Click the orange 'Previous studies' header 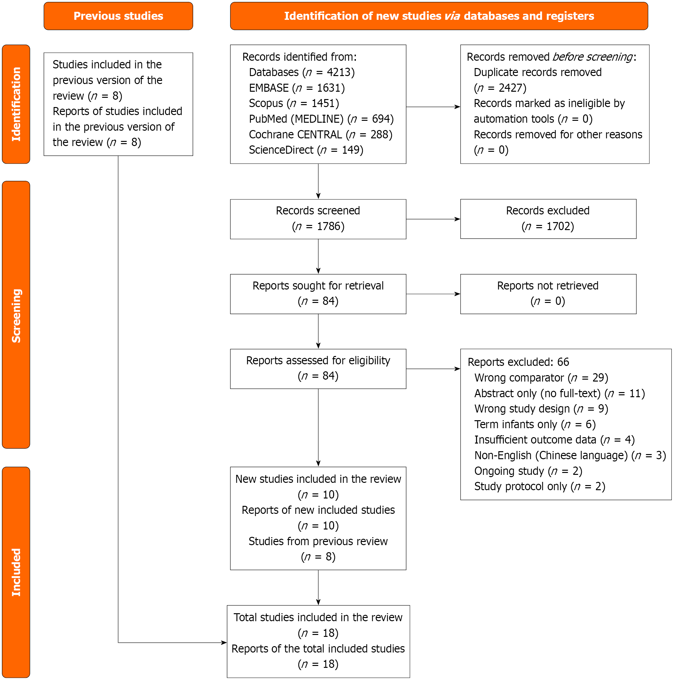[118, 16]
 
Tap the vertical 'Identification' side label [16, 104]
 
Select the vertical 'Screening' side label [16, 315]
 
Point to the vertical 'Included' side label [16, 572]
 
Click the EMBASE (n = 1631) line [297, 88]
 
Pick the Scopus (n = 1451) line [294, 103]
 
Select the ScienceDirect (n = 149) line [306, 150]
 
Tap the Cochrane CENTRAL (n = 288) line [320, 135]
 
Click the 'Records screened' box [318, 219]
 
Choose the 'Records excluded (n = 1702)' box [548, 219]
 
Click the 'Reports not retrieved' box [548, 294]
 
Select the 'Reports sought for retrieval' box [318, 294]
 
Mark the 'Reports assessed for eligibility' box [318, 369]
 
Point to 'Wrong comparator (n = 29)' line [541, 378]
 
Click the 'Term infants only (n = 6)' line [535, 424]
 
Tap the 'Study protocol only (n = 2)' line [540, 486]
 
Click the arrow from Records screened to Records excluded [433, 219]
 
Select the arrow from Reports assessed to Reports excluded [433, 369]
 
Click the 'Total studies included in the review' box [318, 641]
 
